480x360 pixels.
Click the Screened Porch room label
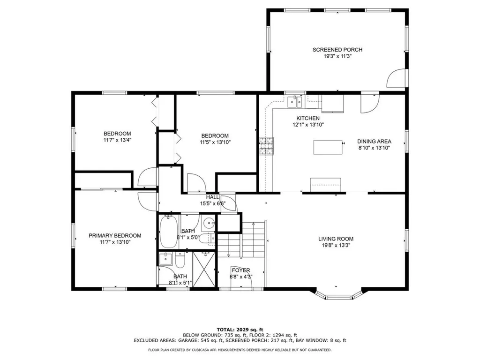pos(337,50)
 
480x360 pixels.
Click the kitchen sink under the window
pos(296,100)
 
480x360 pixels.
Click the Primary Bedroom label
pos(115,236)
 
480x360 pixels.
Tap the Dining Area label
pos(374,142)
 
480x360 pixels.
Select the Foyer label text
pos(240,270)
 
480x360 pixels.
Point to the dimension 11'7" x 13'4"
pos(117,140)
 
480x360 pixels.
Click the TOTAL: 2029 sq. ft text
pos(240,329)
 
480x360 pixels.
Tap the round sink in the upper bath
pos(209,224)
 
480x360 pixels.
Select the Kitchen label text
pos(307,118)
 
